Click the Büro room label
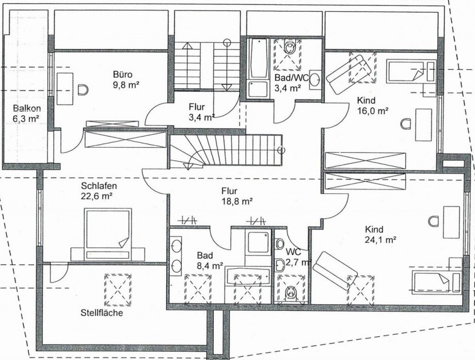coord(123,74)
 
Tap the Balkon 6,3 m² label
coord(27,113)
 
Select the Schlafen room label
coord(99,185)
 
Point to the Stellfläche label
coord(102,312)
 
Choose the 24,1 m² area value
coord(381,240)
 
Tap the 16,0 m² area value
coord(373,111)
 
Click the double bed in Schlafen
coord(108,234)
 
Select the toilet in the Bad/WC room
coord(290,47)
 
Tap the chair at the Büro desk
coord(83,89)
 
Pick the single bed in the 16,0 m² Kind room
coord(411,71)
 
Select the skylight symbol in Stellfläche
coord(118,290)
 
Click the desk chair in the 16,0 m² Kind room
coord(406,123)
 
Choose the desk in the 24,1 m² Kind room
coord(451,222)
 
